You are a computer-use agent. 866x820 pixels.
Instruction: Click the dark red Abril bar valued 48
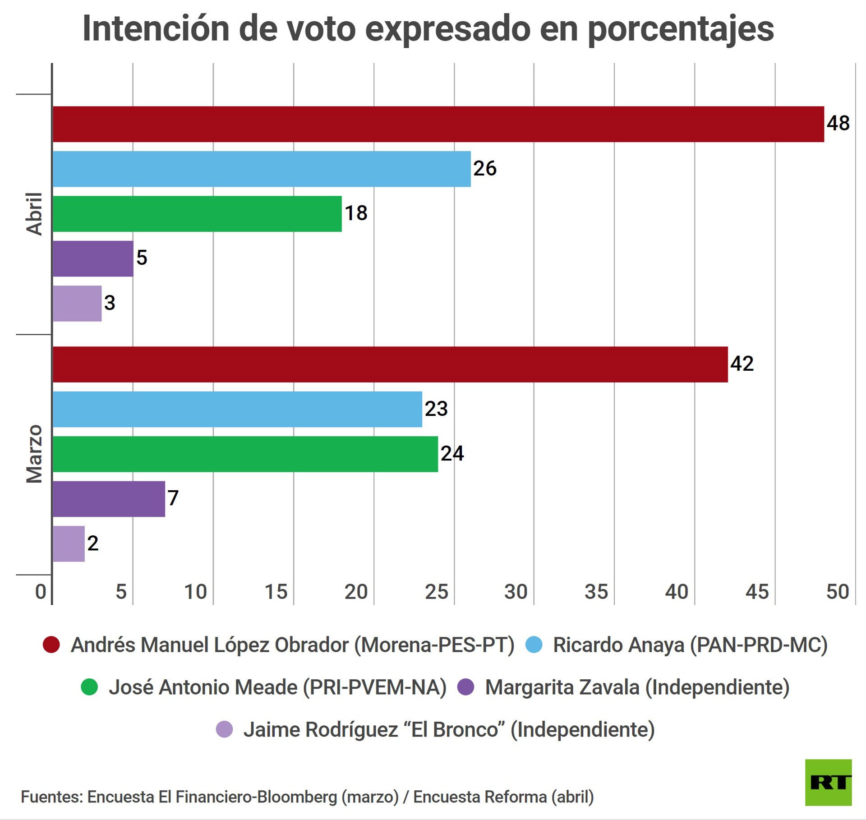tap(438, 124)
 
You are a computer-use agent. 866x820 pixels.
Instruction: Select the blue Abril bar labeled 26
tap(262, 169)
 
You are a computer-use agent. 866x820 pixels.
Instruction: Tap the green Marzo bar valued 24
tap(245, 454)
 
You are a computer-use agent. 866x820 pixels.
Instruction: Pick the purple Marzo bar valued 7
tap(109, 498)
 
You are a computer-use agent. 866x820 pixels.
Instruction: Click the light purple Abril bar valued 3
tap(77, 303)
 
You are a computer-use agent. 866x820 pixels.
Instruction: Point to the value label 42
tap(742, 364)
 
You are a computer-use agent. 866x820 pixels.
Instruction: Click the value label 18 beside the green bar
tap(356, 213)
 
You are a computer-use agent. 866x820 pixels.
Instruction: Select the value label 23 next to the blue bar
tap(436, 409)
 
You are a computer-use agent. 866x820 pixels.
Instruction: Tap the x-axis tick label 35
tap(596, 592)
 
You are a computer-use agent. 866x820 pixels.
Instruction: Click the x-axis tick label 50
tap(837, 592)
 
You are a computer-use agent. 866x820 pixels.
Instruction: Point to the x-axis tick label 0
tap(41, 592)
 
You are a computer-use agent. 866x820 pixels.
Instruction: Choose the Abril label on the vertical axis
tap(34, 214)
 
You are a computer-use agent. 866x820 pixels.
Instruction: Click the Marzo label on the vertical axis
tap(34, 454)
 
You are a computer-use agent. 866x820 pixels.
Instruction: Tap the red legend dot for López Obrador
tap(51, 645)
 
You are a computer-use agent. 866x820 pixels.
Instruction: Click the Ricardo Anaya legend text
tap(690, 645)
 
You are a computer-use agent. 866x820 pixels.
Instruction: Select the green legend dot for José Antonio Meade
tap(89, 687)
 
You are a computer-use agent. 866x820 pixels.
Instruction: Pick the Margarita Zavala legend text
tap(637, 687)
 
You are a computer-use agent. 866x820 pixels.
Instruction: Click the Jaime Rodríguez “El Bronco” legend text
tap(449, 729)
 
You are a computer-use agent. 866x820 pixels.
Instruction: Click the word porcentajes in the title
tap(681, 29)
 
